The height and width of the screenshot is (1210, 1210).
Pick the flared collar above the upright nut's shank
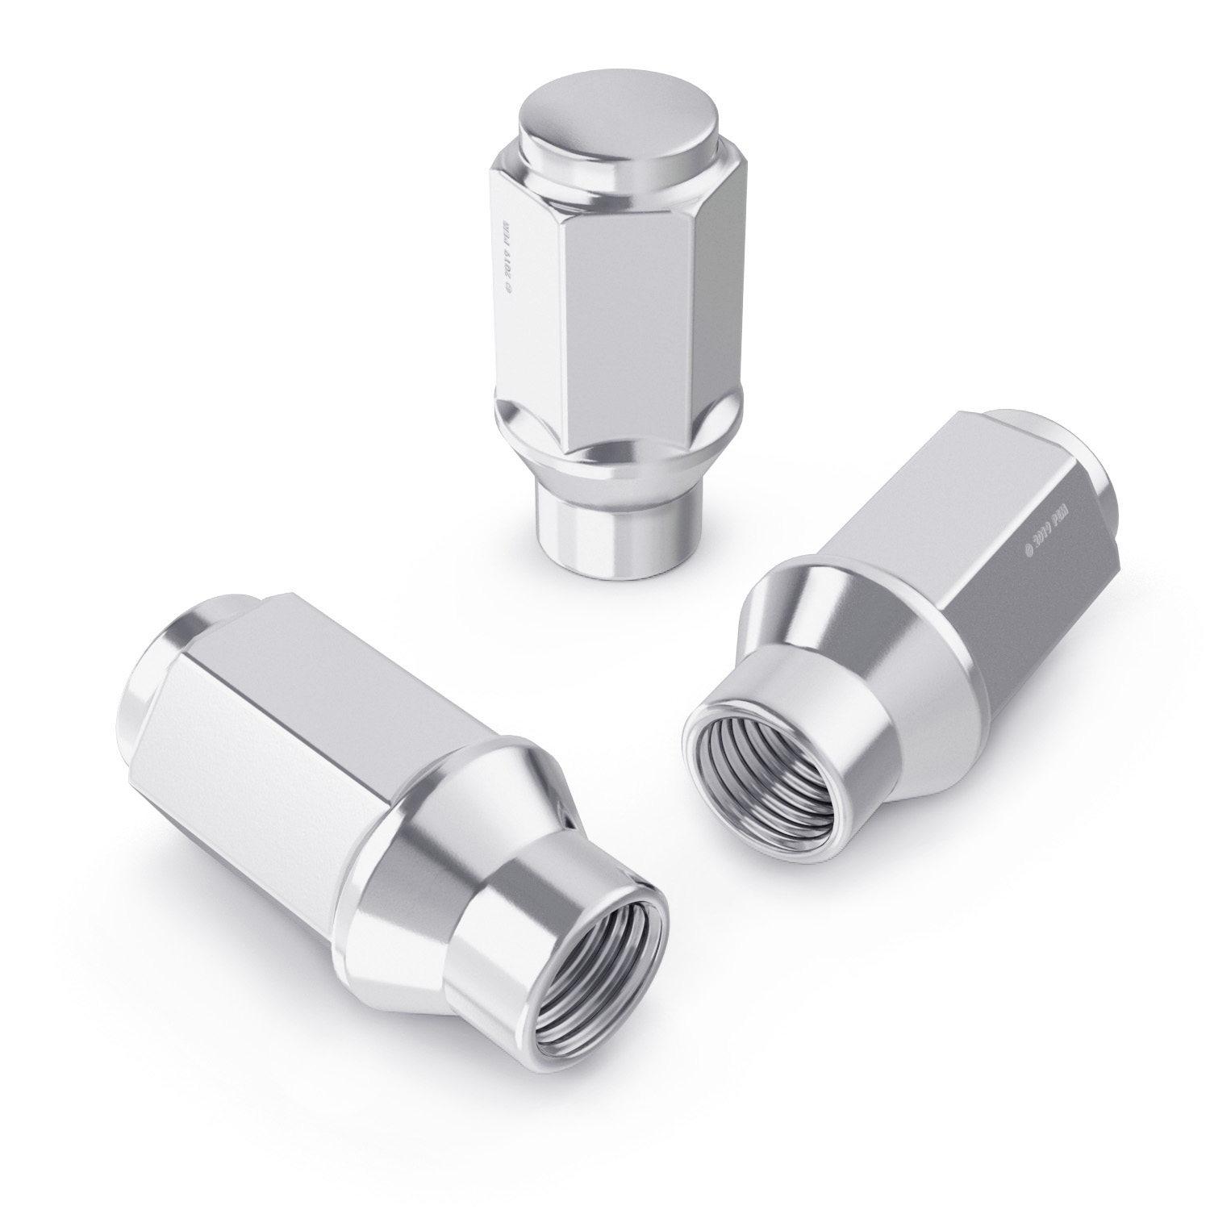pos(577,460)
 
